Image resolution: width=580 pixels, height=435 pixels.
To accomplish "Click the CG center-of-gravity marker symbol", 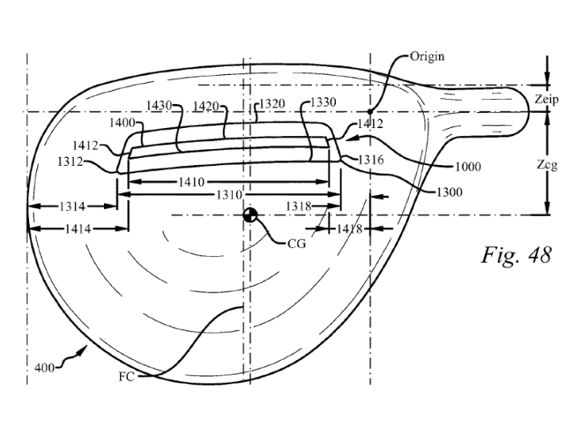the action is click(250, 215).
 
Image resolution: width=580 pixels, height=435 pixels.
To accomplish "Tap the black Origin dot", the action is click(370, 111).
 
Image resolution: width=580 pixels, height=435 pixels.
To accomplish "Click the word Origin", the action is click(427, 56).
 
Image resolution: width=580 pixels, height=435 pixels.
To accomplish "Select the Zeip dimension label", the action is click(546, 99).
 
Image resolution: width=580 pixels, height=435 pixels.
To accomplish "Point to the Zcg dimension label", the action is click(547, 164).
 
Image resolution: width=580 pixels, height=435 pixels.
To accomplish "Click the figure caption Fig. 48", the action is click(516, 255).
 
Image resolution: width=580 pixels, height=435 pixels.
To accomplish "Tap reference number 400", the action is click(44, 368).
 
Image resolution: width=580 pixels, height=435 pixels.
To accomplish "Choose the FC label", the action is click(126, 376).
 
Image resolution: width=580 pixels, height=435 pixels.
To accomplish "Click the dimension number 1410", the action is click(191, 182).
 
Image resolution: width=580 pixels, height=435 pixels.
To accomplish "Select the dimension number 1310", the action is click(230, 195).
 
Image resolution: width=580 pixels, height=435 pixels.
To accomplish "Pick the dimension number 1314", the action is click(72, 206).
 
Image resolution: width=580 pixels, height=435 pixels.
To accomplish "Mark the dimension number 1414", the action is click(78, 229).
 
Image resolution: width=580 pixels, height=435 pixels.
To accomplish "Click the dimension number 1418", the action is click(349, 230).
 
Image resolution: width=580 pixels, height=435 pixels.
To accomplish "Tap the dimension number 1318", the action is click(299, 206).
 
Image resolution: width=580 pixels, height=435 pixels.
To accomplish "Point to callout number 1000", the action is click(468, 167).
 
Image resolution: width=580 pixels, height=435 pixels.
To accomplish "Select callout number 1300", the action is click(449, 192).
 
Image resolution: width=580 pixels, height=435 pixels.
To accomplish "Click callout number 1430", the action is click(159, 106).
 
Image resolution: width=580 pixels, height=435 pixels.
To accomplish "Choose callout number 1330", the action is click(323, 101).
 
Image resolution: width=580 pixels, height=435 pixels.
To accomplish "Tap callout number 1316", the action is click(371, 159).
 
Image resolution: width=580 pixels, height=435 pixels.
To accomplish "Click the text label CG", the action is click(296, 243).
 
